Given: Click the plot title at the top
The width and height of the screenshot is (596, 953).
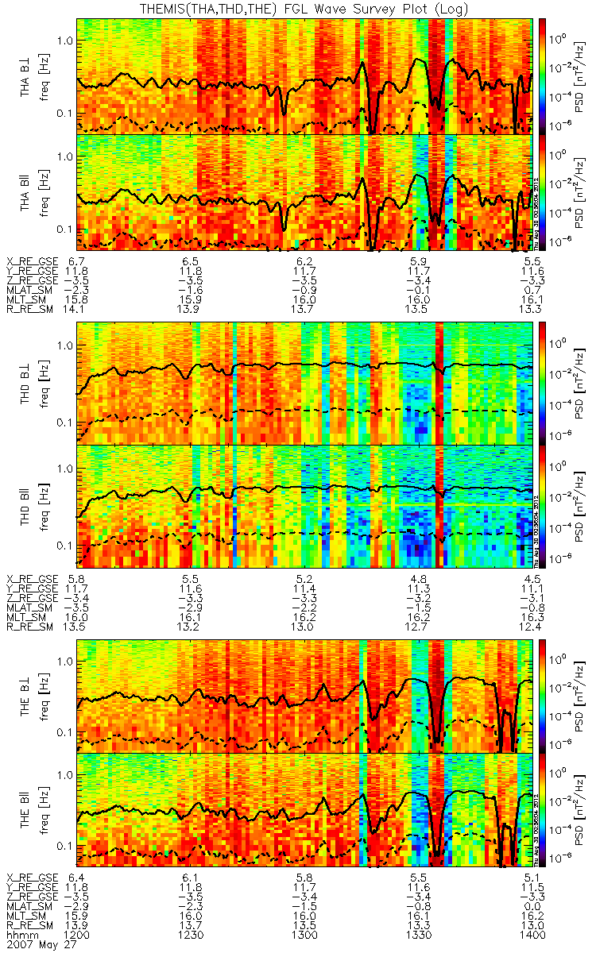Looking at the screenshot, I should pyautogui.click(x=298, y=9).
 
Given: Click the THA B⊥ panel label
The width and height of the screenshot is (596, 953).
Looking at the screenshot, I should pyautogui.click(x=26, y=76).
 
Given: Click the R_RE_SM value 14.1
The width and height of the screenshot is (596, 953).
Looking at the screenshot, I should pyautogui.click(x=77, y=309).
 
